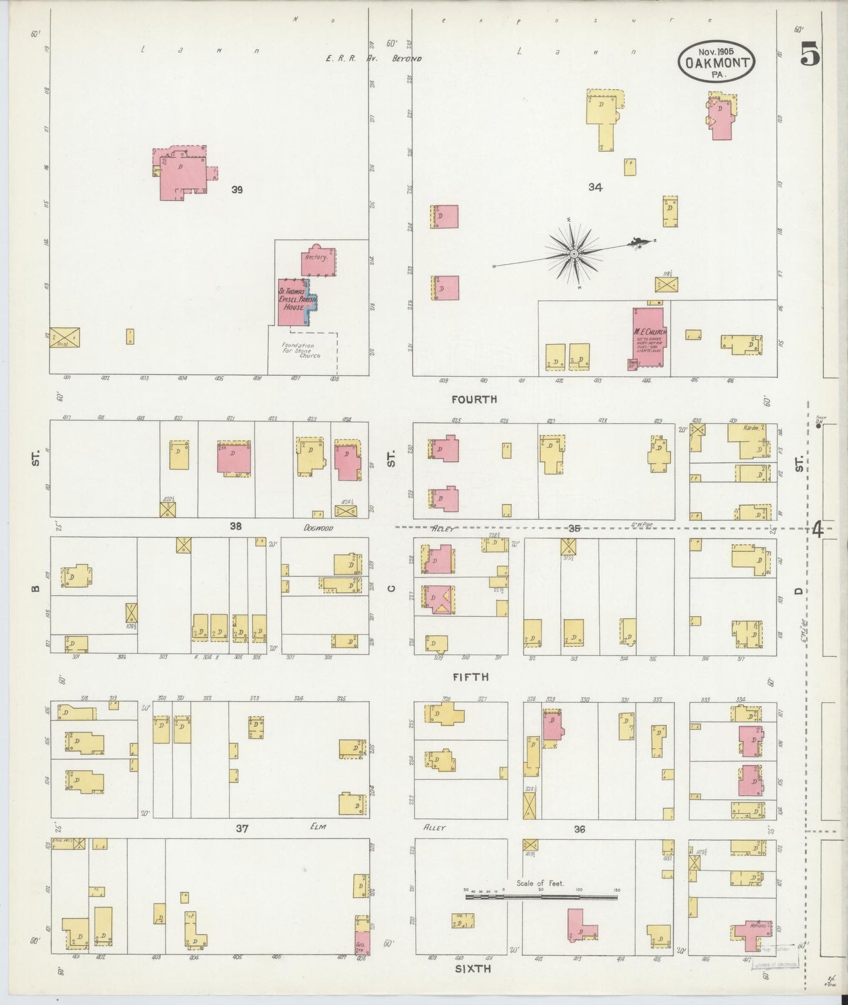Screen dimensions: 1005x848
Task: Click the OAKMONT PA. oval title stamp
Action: tap(716, 62)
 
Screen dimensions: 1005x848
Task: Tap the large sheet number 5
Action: tap(810, 55)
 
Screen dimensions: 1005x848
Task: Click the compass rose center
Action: tap(574, 253)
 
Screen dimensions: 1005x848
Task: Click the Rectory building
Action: tap(319, 260)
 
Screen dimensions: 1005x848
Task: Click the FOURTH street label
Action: tap(474, 399)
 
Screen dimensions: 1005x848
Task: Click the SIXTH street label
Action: tap(473, 969)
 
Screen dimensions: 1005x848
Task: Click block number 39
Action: tap(237, 190)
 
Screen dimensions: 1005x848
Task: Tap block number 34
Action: tap(595, 188)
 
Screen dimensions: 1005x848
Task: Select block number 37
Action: tap(242, 829)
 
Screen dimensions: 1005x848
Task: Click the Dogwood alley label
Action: tap(318, 528)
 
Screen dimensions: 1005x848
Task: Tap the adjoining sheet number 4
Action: tap(818, 530)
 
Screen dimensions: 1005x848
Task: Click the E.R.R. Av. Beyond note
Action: tap(374, 59)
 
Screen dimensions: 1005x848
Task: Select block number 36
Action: tap(579, 829)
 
